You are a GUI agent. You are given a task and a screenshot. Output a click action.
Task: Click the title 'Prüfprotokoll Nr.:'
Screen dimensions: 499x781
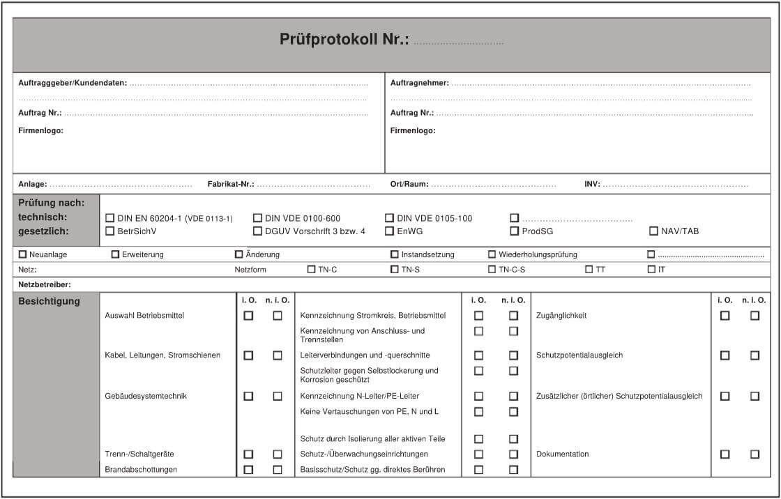click(x=344, y=40)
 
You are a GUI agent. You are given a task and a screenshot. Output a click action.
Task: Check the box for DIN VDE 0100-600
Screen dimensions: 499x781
click(x=258, y=218)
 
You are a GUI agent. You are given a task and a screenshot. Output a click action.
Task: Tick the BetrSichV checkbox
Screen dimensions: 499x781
click(x=109, y=231)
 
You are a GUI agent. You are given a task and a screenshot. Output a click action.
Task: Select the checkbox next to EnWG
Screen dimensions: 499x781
click(x=390, y=231)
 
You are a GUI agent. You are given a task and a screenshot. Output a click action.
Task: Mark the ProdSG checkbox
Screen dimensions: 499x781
click(x=515, y=231)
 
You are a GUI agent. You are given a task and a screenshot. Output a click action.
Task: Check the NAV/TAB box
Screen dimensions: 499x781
click(x=654, y=231)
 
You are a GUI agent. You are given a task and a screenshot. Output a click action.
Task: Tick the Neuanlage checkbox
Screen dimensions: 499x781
click(x=23, y=254)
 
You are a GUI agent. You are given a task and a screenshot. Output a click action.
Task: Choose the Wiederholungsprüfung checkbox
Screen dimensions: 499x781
click(x=492, y=254)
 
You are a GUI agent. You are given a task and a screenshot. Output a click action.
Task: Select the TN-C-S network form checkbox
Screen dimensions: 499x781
click(x=492, y=269)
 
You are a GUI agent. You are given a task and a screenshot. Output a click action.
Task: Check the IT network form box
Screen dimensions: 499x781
click(x=651, y=269)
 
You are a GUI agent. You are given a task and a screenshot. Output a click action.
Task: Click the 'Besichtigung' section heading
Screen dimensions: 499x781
click(x=49, y=302)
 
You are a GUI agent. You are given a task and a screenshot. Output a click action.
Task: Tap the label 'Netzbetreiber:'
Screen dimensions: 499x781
click(x=45, y=284)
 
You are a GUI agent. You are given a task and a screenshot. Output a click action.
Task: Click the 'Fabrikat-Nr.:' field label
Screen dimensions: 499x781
click(x=231, y=185)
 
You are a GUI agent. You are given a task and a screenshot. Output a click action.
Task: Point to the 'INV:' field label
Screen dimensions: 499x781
click(x=592, y=185)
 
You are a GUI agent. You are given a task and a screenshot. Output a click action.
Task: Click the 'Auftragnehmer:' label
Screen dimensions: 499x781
click(x=420, y=83)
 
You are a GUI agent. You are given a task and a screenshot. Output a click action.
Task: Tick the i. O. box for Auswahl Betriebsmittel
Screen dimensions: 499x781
click(x=248, y=316)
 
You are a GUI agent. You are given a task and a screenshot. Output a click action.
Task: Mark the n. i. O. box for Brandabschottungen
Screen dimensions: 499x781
click(x=278, y=470)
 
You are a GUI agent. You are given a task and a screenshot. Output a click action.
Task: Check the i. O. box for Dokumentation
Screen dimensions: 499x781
click(x=725, y=454)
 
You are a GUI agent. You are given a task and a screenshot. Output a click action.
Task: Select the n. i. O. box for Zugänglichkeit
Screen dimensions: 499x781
click(x=755, y=316)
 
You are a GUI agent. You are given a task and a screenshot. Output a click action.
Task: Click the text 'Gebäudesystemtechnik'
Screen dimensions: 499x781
click(x=146, y=396)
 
